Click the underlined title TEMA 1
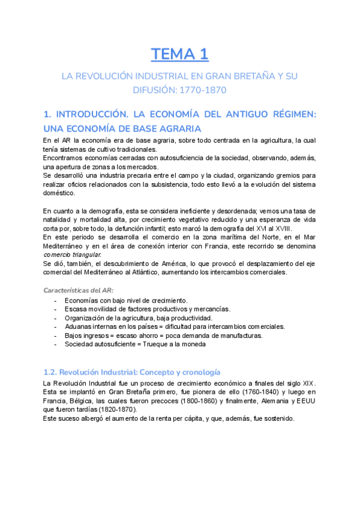[x=179, y=55]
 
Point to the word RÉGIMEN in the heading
[x=288, y=115]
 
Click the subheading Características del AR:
[x=78, y=290]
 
